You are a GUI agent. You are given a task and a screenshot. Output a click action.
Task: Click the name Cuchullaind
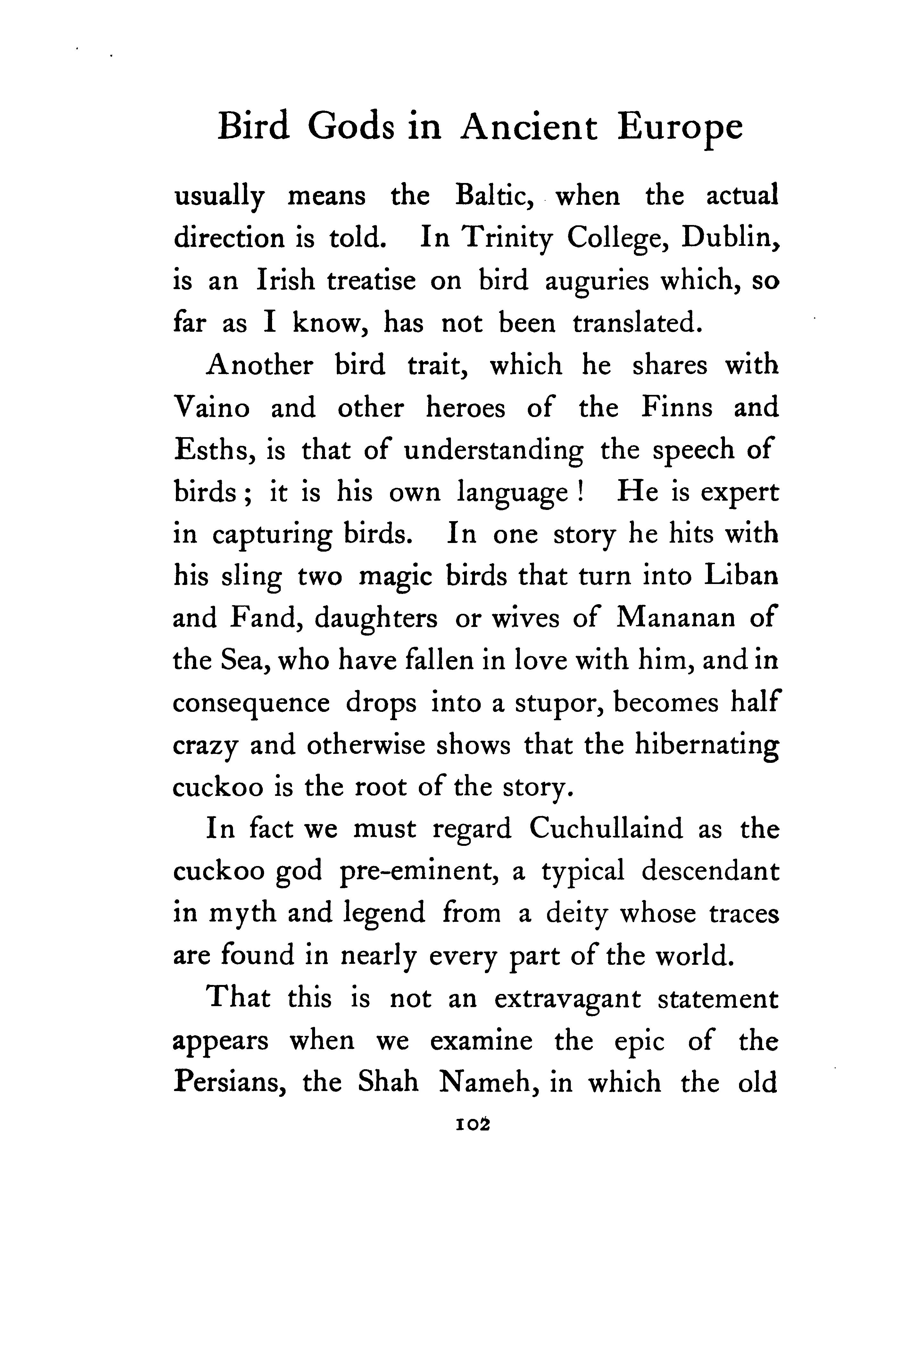pos(605,830)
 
